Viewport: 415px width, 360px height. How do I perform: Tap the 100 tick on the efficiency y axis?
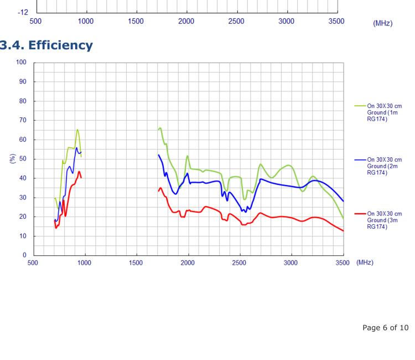coord(22,63)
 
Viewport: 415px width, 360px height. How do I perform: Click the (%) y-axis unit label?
coord(12,159)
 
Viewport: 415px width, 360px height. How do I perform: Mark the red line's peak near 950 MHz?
coord(79,172)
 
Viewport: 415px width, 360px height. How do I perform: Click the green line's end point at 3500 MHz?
coord(343,218)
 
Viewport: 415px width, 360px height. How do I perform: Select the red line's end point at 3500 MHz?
coord(343,231)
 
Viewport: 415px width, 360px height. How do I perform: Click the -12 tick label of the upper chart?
coord(22,11)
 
